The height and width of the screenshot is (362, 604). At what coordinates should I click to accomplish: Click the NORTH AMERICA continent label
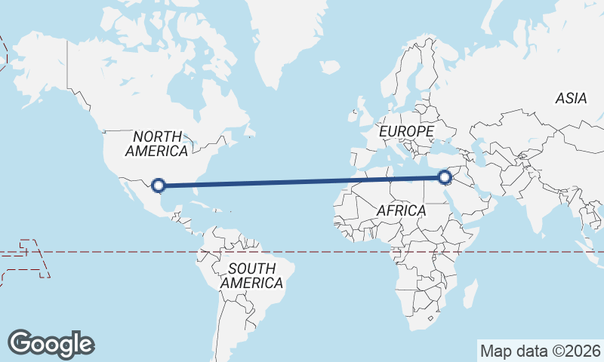pos(156,143)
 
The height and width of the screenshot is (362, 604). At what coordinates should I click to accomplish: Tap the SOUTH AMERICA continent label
pos(251,275)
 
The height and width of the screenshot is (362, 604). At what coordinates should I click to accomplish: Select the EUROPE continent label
pos(406,131)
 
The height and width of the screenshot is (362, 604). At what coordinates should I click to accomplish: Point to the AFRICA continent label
pos(401,210)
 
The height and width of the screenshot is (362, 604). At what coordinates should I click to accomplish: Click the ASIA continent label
pos(571,98)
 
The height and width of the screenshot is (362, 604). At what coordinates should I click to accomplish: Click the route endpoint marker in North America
pos(159,184)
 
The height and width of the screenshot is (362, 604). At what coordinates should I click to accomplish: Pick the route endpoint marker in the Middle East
pos(444,178)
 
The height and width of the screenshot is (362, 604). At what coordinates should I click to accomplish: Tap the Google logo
pos(51,343)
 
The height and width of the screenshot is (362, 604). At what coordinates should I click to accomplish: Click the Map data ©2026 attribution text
pos(541,351)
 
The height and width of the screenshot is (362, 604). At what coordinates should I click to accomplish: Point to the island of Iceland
pos(330,67)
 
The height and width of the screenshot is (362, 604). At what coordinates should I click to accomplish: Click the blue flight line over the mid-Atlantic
pos(302,182)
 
